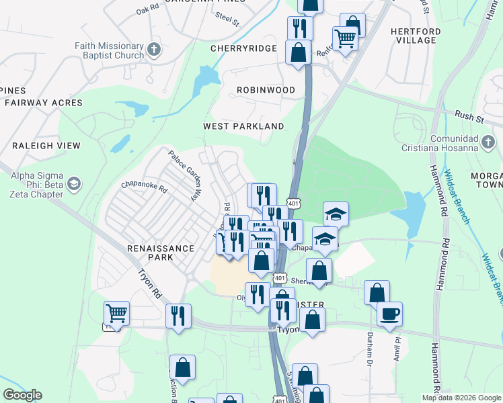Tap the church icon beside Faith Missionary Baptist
click(x=154, y=49)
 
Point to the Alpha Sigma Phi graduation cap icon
click(x=73, y=183)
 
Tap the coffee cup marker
click(x=389, y=313)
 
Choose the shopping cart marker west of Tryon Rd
click(x=116, y=312)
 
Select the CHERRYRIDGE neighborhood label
click(x=243, y=48)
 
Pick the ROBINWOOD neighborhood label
click(x=266, y=89)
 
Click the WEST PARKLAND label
click(x=243, y=126)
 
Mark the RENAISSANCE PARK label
click(x=161, y=253)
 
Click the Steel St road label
click(x=227, y=17)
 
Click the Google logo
click(x=22, y=395)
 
